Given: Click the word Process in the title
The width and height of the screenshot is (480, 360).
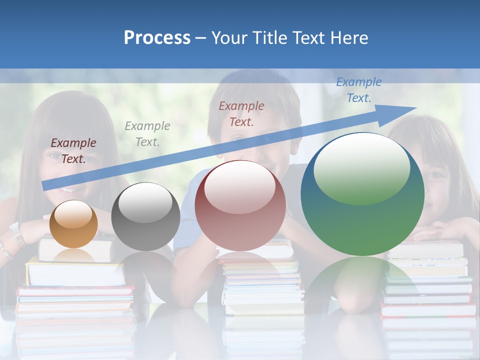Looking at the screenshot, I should pyautogui.click(x=157, y=38).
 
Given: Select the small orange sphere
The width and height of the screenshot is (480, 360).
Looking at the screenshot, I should pyautogui.click(x=73, y=224).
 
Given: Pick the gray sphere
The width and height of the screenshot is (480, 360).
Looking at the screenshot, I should pyautogui.click(x=145, y=216).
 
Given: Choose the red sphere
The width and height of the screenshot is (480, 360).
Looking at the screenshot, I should pyautogui.click(x=240, y=205).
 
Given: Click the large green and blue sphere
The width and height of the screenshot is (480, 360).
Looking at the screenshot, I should pyautogui.click(x=362, y=194).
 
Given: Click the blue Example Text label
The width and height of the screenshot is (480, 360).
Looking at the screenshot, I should pyautogui.click(x=358, y=90).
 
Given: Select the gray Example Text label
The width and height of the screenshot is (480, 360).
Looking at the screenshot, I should pyautogui.click(x=147, y=133).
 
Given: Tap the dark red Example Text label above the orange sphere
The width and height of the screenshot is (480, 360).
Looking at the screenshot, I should pyautogui.click(x=73, y=150).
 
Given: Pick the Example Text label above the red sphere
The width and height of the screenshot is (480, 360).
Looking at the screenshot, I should pyautogui.click(x=241, y=113).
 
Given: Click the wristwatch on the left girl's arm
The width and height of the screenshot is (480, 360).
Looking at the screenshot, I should pyautogui.click(x=16, y=233).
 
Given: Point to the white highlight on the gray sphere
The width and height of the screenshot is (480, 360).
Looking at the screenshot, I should pyautogui.click(x=145, y=202).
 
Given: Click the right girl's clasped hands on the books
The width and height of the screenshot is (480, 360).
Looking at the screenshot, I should pyautogui.click(x=440, y=231).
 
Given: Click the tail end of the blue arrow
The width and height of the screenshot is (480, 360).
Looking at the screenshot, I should pyautogui.click(x=44, y=185).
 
